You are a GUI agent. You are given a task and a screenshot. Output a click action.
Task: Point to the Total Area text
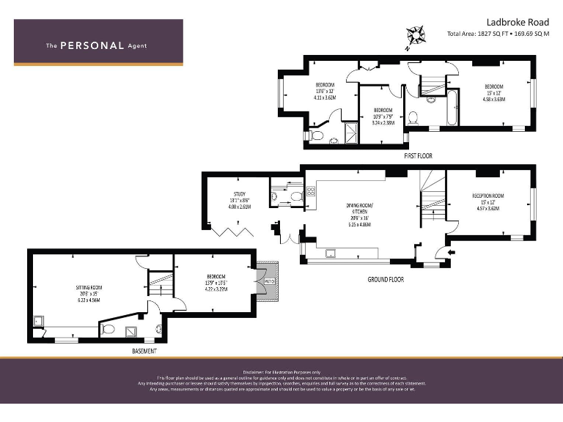click(498, 34)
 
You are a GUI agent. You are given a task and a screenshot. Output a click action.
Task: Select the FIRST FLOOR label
click(419, 156)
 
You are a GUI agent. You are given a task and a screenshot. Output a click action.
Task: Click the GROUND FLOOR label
click(385, 279)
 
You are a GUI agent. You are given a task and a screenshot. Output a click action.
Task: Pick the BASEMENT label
click(144, 351)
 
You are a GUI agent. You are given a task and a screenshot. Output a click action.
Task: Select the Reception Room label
click(487, 201)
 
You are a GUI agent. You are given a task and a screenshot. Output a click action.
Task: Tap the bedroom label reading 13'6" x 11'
click(324, 90)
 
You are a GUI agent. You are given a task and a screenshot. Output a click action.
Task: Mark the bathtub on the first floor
click(452, 108)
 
